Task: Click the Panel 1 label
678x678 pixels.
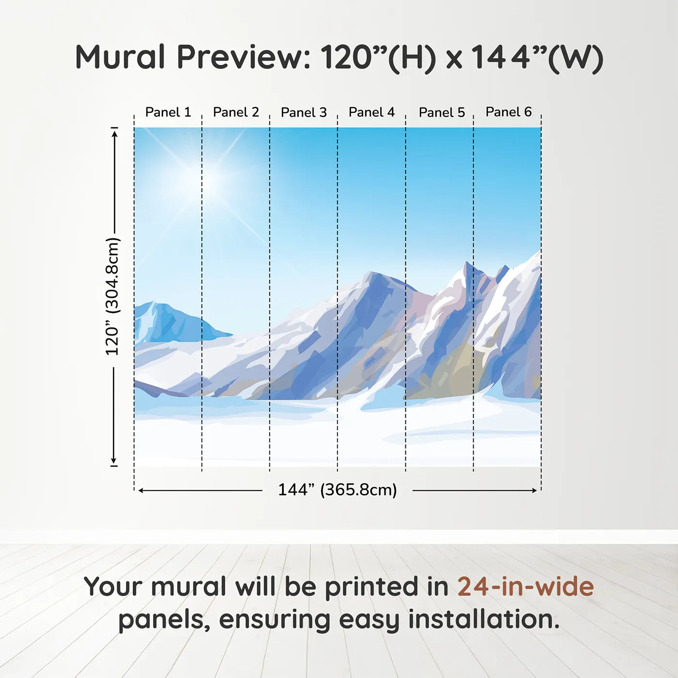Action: click(168, 112)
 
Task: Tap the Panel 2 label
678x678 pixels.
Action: click(236, 112)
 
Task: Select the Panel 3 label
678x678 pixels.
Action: click(304, 112)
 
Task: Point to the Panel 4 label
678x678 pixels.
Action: click(372, 112)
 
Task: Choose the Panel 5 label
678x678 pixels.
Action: click(442, 112)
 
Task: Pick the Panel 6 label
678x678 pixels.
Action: click(509, 112)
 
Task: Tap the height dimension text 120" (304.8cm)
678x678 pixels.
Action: click(113, 296)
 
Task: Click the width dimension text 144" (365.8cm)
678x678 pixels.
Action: click(338, 490)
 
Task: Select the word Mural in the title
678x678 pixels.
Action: click(120, 57)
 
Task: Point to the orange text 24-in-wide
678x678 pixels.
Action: click(525, 586)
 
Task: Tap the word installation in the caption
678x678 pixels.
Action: click(484, 619)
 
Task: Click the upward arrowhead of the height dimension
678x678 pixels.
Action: click(114, 134)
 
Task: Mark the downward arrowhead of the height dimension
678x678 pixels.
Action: click(113, 461)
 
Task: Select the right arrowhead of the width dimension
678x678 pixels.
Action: click(534, 491)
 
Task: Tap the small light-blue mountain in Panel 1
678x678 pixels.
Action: click(176, 323)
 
